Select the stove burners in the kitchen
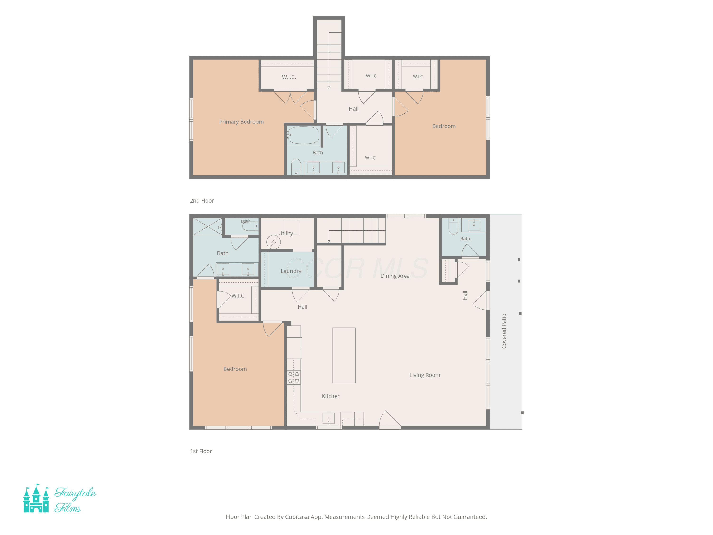pos(294,377)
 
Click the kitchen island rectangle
pos(344,355)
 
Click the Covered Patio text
pos(504,331)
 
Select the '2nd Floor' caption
pos(202,201)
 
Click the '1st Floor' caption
pos(201,451)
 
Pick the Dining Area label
pos(395,276)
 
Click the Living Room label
pos(424,375)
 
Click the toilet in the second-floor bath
pos(296,167)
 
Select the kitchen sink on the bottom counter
pos(328,418)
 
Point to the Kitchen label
pos(331,396)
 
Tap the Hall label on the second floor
pos(354,109)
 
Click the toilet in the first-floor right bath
pos(453,226)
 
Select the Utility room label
pos(286,233)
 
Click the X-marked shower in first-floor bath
pos(207,227)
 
